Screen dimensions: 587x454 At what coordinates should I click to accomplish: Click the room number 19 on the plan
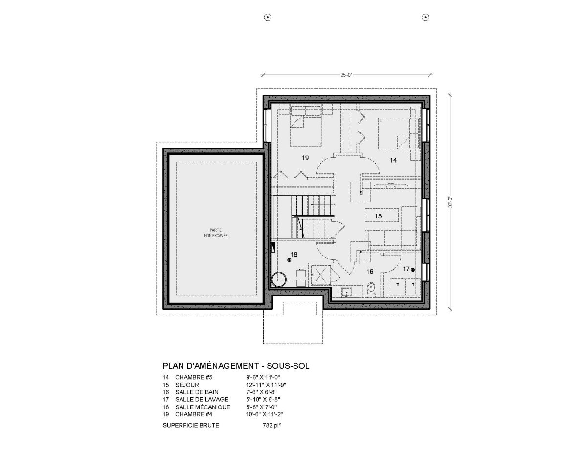(x=305, y=158)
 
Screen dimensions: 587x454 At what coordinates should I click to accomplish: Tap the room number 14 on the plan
(x=393, y=160)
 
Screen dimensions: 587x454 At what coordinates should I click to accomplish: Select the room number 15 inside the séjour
(x=378, y=216)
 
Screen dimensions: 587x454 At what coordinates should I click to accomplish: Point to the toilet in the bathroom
(x=372, y=289)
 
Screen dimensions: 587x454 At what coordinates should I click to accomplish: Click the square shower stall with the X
(x=320, y=275)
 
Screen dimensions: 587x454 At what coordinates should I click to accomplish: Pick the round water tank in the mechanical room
(x=279, y=280)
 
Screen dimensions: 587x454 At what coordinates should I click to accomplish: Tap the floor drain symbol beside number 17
(x=412, y=269)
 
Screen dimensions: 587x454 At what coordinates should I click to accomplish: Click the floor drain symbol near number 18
(x=289, y=260)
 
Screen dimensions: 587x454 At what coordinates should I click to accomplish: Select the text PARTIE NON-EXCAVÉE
(x=216, y=233)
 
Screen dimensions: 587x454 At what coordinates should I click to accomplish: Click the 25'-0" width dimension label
(x=347, y=75)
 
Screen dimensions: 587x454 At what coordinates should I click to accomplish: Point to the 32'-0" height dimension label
(x=450, y=202)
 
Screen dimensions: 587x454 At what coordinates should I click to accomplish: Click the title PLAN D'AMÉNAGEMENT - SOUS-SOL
(x=236, y=366)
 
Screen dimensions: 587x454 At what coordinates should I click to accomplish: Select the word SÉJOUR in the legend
(x=187, y=385)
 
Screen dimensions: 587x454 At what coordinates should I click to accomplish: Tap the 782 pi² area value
(x=272, y=425)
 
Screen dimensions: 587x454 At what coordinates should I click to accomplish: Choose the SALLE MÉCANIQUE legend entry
(x=203, y=407)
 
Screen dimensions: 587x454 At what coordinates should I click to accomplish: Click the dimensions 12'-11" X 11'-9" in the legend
(x=266, y=385)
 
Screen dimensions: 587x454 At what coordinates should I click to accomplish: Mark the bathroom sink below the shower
(x=347, y=292)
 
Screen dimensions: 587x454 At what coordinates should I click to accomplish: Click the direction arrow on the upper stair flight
(x=323, y=204)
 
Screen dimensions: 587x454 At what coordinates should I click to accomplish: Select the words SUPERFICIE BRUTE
(x=191, y=425)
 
